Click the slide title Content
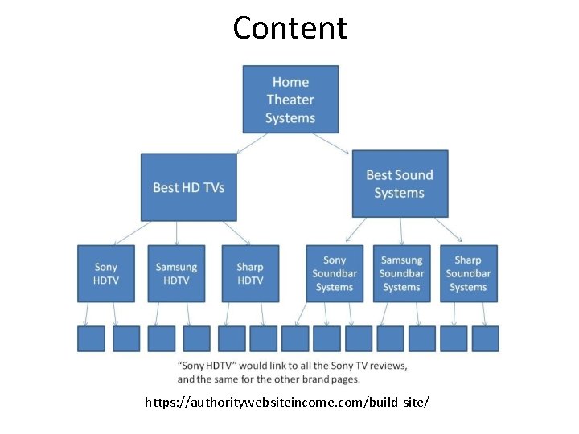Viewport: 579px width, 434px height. [289, 28]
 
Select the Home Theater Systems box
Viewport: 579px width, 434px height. [290, 99]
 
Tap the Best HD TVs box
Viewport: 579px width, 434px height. [189, 187]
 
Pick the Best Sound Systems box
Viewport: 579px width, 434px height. [400, 183]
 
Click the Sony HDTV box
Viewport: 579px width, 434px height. [105, 273]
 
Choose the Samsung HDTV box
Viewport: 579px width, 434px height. [176, 273]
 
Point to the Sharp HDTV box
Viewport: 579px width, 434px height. [250, 273]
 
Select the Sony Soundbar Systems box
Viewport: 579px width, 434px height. [335, 273]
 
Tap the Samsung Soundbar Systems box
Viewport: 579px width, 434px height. [401, 273]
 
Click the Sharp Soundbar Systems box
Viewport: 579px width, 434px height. [468, 273]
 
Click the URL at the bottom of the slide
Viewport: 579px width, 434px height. [287, 400]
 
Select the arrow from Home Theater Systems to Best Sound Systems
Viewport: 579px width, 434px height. [331, 142]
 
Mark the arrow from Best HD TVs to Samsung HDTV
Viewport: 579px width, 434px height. [177, 232]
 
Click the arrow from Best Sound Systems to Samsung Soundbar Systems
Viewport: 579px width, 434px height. [401, 231]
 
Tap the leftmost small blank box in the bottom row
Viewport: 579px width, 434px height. [91, 338]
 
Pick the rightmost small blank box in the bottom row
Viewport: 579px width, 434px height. [485, 338]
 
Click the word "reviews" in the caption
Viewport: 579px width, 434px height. [387, 366]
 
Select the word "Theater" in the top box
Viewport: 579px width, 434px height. [290, 100]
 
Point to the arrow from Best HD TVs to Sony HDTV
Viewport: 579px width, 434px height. [132, 233]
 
